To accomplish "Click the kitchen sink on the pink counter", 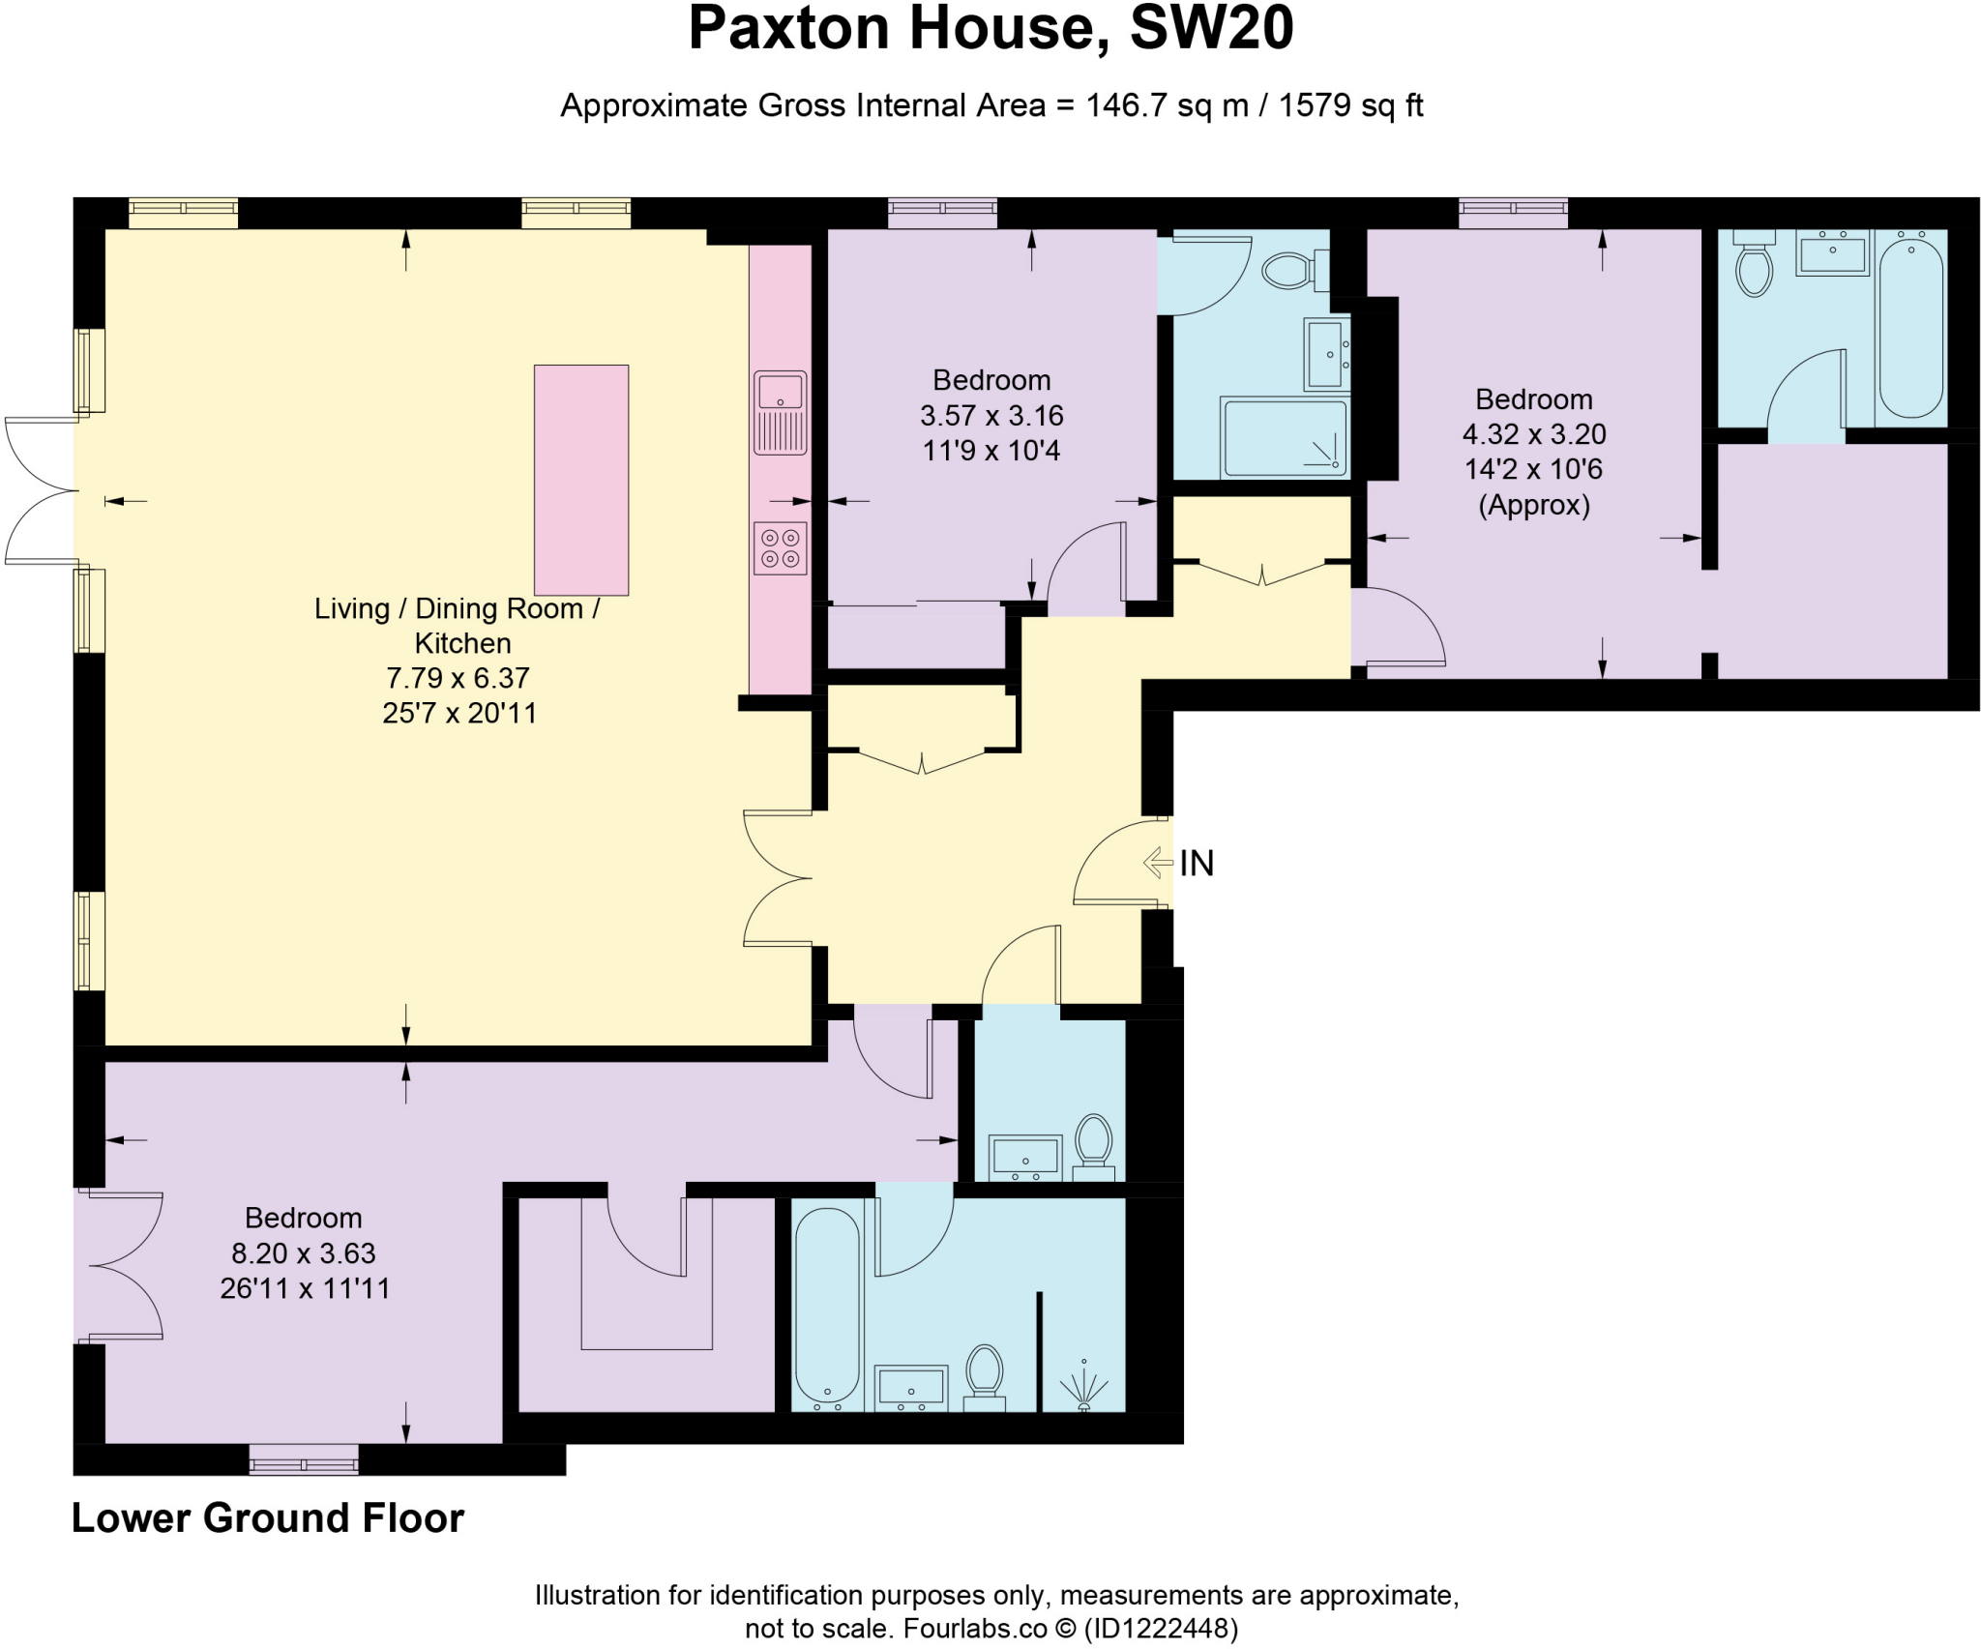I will point(780,412).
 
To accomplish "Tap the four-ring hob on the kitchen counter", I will point(780,547).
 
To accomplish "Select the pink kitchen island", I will point(581,480).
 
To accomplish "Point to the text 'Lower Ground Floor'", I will point(268,1517).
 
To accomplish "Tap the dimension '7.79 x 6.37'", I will point(458,678).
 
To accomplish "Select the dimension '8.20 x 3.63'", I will point(303,1253).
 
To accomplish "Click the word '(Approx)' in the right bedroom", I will point(1533,505).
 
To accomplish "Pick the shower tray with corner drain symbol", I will point(1285,437).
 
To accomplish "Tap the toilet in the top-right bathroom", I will point(1753,266).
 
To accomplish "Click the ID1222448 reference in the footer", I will point(1160,1629).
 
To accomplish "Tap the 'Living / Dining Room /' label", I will point(457,608).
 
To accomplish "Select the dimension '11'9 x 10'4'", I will point(990,451).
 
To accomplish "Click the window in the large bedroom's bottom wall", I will point(304,1459).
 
